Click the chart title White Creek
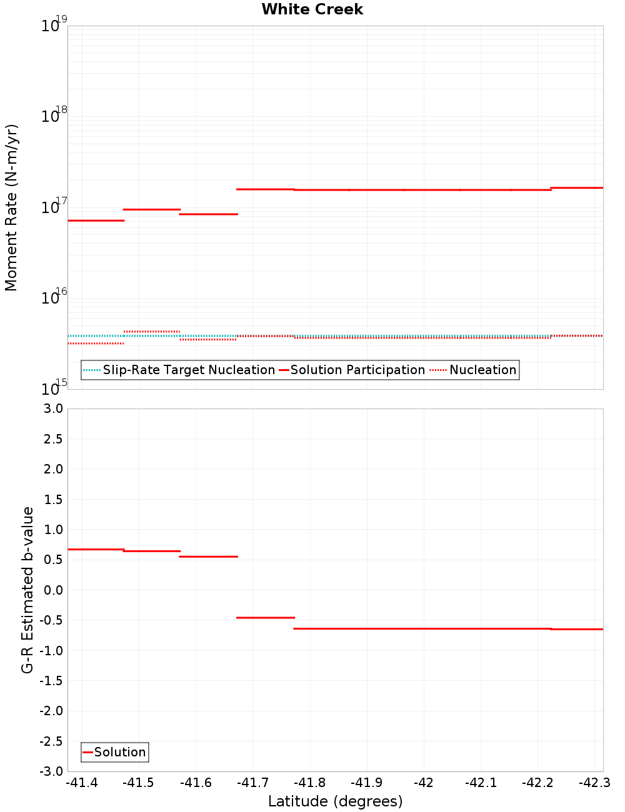[x=312, y=9]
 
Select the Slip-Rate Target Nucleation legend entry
[x=188, y=370]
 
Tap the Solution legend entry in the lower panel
[x=119, y=752]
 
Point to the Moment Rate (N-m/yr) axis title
[x=11, y=207]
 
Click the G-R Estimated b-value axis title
[x=27, y=590]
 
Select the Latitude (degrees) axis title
[x=335, y=801]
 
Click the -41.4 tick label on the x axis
[x=82, y=783]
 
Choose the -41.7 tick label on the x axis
[x=252, y=783]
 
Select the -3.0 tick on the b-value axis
[x=51, y=771]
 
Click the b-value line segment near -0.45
[x=265, y=618]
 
